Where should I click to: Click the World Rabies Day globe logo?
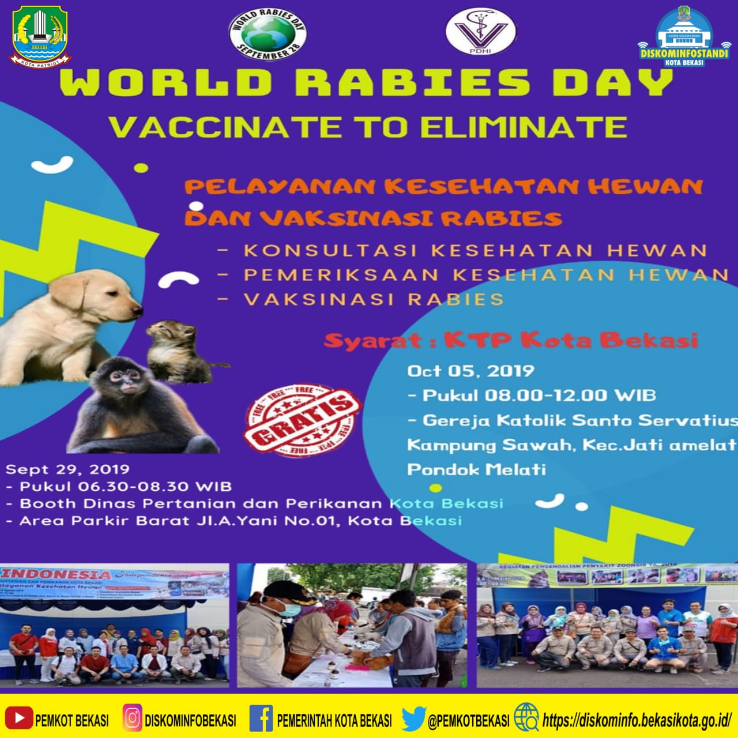(268, 33)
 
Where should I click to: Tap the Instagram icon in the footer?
(132, 718)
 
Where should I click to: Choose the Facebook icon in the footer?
(261, 718)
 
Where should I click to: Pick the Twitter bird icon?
(413, 718)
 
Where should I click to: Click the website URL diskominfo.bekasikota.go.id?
(637, 720)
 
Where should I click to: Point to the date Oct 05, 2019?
(470, 371)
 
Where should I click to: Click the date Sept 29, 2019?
(67, 469)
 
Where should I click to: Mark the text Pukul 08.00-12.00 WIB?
(539, 396)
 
